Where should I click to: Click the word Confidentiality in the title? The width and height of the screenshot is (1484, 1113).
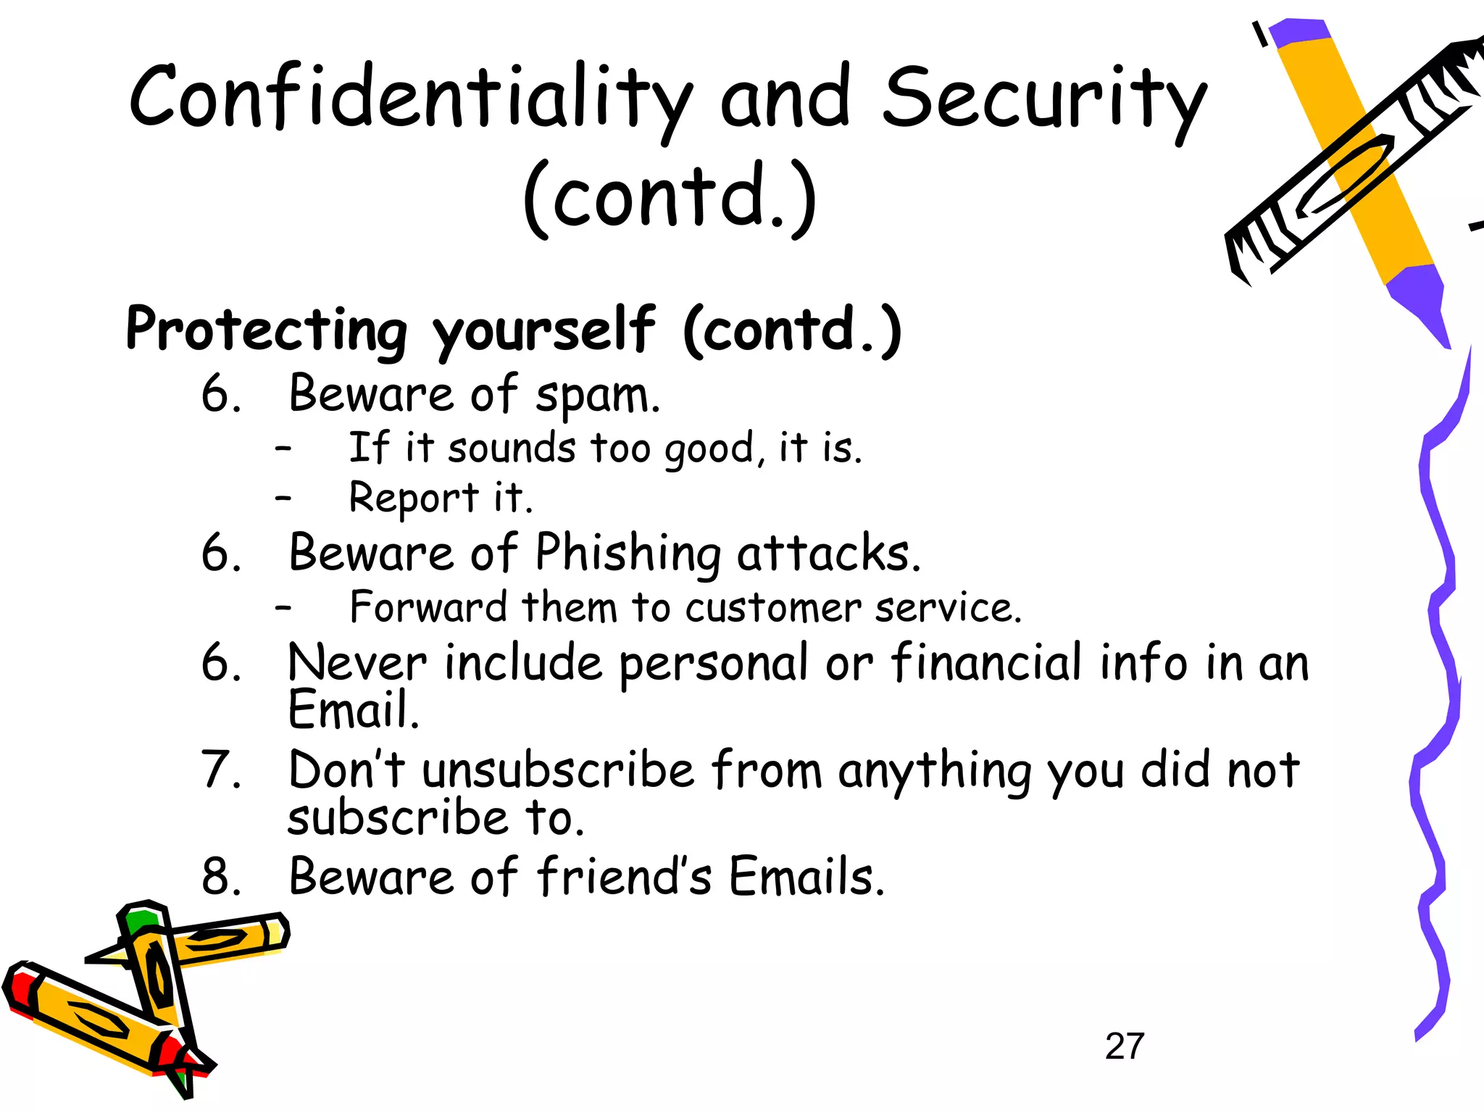(409, 98)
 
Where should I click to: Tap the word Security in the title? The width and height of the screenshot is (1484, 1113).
(1043, 98)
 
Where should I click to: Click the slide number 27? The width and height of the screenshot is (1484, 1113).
(1124, 1046)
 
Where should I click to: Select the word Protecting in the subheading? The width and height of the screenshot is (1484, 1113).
(267, 330)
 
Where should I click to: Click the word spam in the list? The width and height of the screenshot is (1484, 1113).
(597, 396)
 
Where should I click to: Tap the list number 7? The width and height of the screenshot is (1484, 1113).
(220, 770)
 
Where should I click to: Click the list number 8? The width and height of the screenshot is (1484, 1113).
(220, 877)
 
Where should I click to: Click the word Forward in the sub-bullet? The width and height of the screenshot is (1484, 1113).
(428, 607)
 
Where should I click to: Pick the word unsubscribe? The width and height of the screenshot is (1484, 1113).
(558, 770)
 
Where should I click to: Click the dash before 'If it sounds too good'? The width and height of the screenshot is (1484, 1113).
(283, 449)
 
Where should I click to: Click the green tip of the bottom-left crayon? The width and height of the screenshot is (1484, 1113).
(139, 921)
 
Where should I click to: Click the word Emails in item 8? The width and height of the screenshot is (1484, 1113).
(806, 877)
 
